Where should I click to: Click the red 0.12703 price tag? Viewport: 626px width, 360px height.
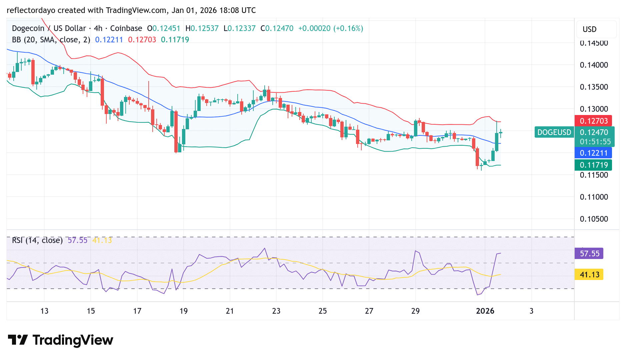(x=593, y=121)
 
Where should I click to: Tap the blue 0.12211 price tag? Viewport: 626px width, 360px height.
(x=593, y=153)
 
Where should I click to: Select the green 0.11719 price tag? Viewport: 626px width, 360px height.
(x=593, y=165)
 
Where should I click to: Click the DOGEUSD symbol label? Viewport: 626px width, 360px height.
(x=554, y=132)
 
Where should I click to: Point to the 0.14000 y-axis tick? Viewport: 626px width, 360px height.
(x=594, y=65)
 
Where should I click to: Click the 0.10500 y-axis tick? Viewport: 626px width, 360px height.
(x=594, y=219)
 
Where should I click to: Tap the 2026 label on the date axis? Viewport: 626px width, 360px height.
(x=485, y=311)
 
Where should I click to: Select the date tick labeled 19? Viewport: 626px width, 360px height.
(x=183, y=311)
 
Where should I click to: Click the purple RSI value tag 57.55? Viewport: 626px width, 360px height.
(x=589, y=254)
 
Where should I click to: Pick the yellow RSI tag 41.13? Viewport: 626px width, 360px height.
(x=589, y=275)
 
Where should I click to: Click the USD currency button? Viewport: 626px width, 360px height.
(x=589, y=29)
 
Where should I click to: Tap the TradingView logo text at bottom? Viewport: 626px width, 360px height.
(x=73, y=340)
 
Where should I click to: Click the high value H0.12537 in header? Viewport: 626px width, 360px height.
(x=202, y=28)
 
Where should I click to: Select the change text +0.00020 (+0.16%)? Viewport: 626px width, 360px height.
(x=330, y=28)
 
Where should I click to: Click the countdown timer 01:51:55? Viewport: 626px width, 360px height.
(x=595, y=142)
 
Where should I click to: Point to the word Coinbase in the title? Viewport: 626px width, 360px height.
(x=126, y=28)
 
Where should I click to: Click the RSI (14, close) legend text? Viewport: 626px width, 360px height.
(x=37, y=240)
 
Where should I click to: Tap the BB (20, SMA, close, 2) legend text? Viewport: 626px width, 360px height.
(x=51, y=40)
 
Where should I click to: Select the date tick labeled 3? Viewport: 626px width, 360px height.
(x=531, y=311)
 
